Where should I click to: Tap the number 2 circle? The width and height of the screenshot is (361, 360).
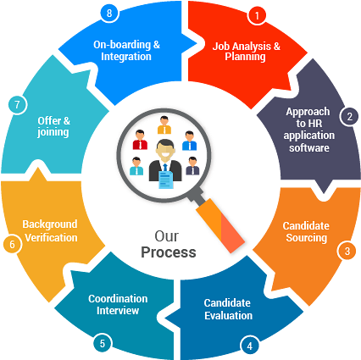click(x=347, y=116)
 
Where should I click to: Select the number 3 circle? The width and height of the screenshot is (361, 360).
click(x=345, y=250)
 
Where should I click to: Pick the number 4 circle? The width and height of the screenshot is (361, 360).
click(x=248, y=345)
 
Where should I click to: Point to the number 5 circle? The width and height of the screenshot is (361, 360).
click(x=102, y=344)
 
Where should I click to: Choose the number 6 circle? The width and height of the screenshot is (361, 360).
click(x=12, y=245)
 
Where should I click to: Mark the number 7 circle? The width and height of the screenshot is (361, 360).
click(x=16, y=105)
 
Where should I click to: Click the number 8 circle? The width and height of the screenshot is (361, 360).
click(x=108, y=13)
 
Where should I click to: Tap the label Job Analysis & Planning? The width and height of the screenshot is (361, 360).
click(x=246, y=50)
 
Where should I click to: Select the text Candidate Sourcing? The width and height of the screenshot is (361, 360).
click(x=305, y=232)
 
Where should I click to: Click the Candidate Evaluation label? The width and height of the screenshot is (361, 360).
click(x=228, y=309)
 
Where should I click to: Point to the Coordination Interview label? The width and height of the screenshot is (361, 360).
click(x=118, y=304)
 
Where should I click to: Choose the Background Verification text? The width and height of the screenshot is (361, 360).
click(x=50, y=231)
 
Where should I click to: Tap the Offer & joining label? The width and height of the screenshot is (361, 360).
click(x=53, y=126)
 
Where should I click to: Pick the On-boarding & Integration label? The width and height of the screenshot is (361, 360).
click(x=127, y=50)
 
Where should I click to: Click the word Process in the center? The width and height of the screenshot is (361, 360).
click(x=169, y=252)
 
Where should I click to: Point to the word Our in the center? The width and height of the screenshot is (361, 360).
click(x=166, y=235)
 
